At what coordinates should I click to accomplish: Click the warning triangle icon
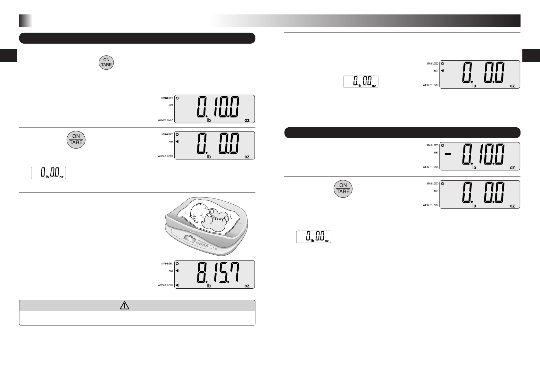124,305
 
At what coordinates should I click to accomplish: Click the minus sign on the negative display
448,154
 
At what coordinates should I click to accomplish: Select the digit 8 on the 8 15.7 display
202,272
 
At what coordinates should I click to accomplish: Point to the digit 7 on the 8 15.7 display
234,272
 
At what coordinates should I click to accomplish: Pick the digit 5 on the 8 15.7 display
223,272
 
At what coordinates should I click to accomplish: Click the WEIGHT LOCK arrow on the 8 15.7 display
177,285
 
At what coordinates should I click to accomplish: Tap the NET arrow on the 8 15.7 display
177,271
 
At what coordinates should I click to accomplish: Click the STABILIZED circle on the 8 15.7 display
177,264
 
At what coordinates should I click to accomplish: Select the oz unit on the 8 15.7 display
247,286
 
